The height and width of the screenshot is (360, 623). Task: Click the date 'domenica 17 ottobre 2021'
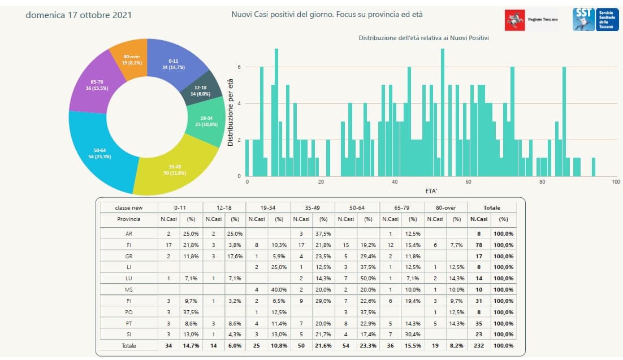pos(79,15)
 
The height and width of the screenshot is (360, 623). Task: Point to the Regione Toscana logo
pos(531,19)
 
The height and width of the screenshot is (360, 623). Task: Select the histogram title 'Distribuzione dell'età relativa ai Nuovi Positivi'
pos(423,38)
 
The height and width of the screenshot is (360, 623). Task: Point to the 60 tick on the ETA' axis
pos(468,182)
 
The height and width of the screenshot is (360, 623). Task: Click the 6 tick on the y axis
pos(239,67)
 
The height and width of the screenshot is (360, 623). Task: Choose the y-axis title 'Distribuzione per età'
pos(231,113)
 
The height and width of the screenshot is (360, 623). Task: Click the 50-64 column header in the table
pos(356,207)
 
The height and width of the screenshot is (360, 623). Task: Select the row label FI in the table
pos(128,245)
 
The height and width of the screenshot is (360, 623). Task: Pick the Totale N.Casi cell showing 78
pos(479,245)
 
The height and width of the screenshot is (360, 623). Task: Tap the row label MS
pos(128,289)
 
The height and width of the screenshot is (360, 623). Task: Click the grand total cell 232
pos(479,345)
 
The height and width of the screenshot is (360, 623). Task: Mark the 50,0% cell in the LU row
pos(368,278)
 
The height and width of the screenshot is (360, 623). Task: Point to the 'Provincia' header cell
pos(128,219)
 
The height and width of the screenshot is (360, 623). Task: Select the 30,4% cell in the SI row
pos(413,334)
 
